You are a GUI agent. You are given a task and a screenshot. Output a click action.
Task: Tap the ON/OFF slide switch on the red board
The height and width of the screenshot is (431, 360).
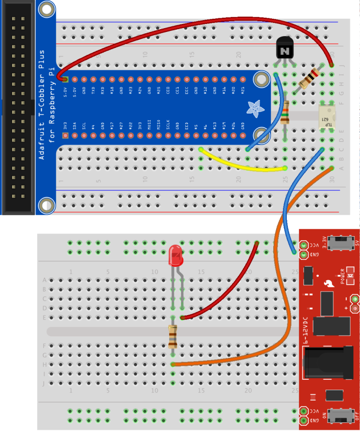(340, 416)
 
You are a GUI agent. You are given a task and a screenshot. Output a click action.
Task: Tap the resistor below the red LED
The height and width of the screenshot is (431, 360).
(173, 336)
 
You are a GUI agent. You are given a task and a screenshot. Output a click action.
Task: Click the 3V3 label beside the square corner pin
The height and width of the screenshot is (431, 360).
(65, 126)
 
